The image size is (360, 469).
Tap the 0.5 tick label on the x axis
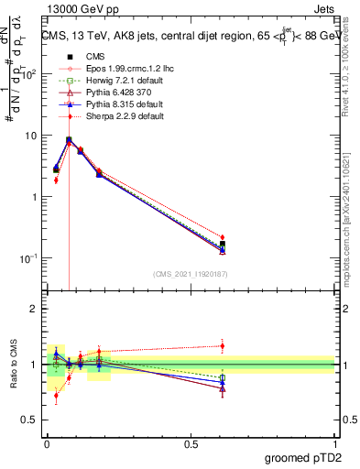[191, 443]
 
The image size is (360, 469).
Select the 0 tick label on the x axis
[47, 443]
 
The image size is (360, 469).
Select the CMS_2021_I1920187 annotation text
[191, 274]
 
